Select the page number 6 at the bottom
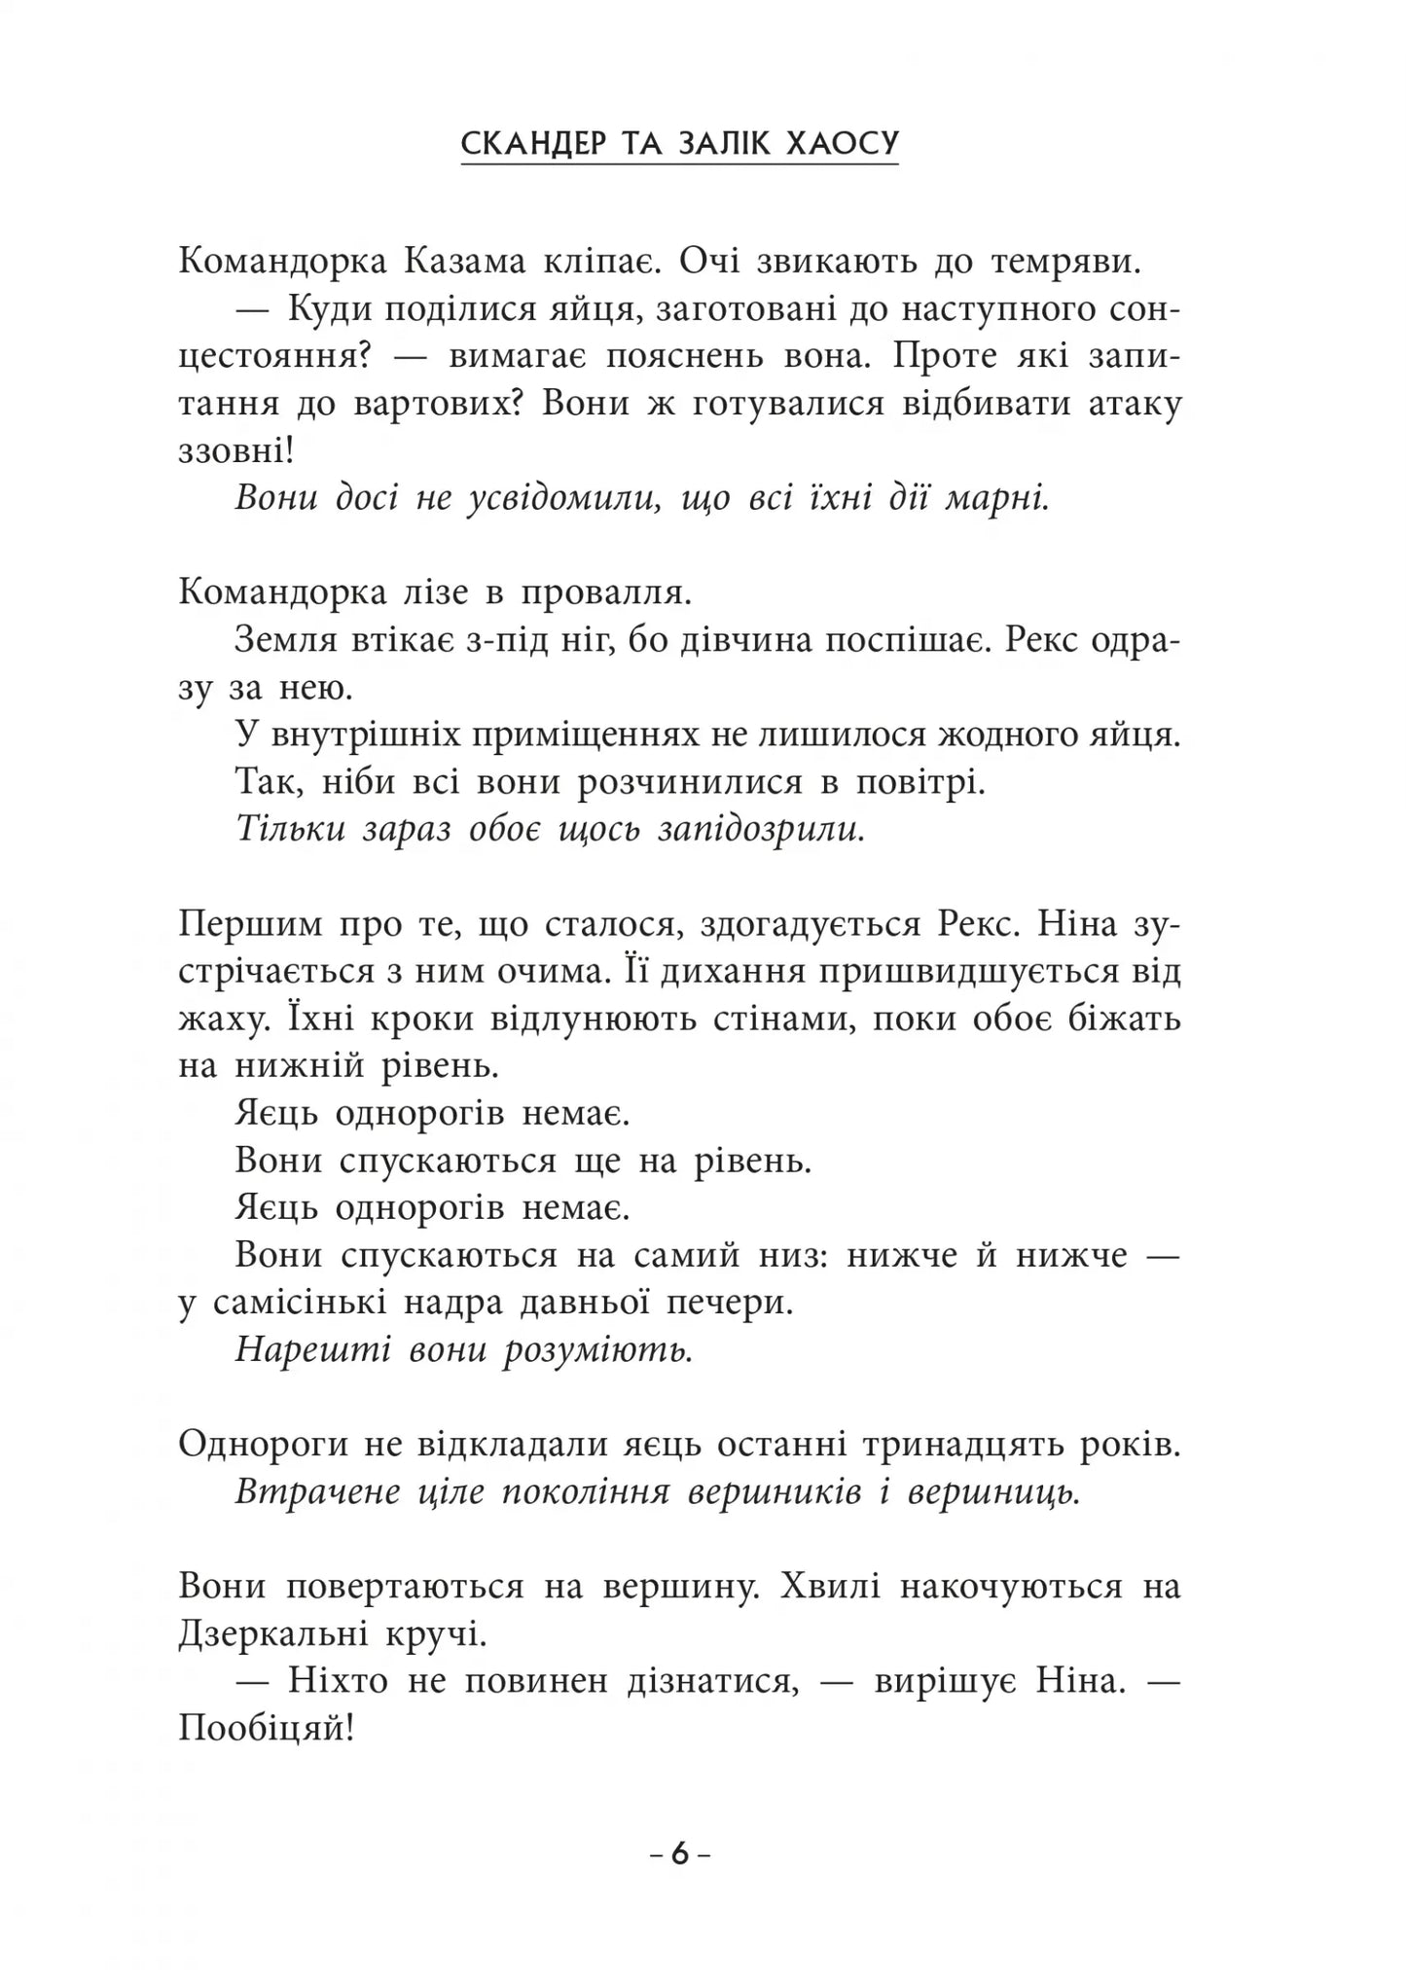679,1853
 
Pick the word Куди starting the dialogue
326,309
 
